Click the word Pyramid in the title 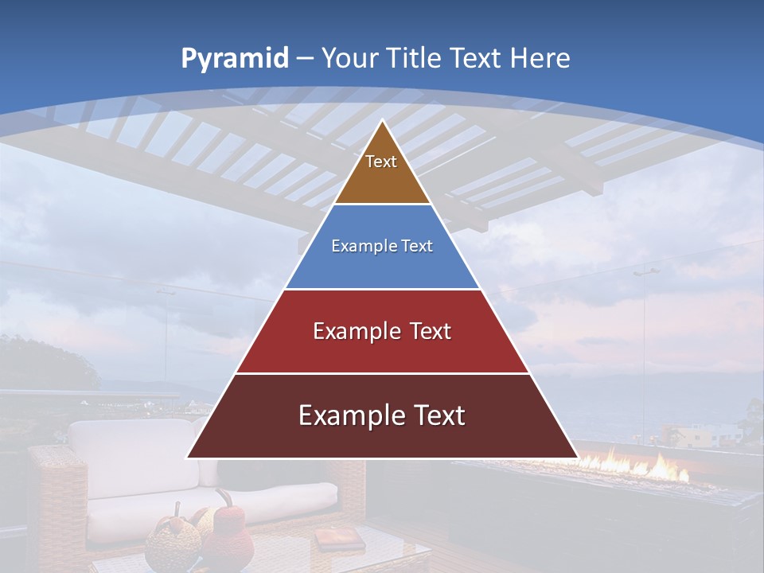coord(234,59)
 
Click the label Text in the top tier coord(381,162)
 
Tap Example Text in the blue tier coord(382,247)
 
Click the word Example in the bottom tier coord(342,415)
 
